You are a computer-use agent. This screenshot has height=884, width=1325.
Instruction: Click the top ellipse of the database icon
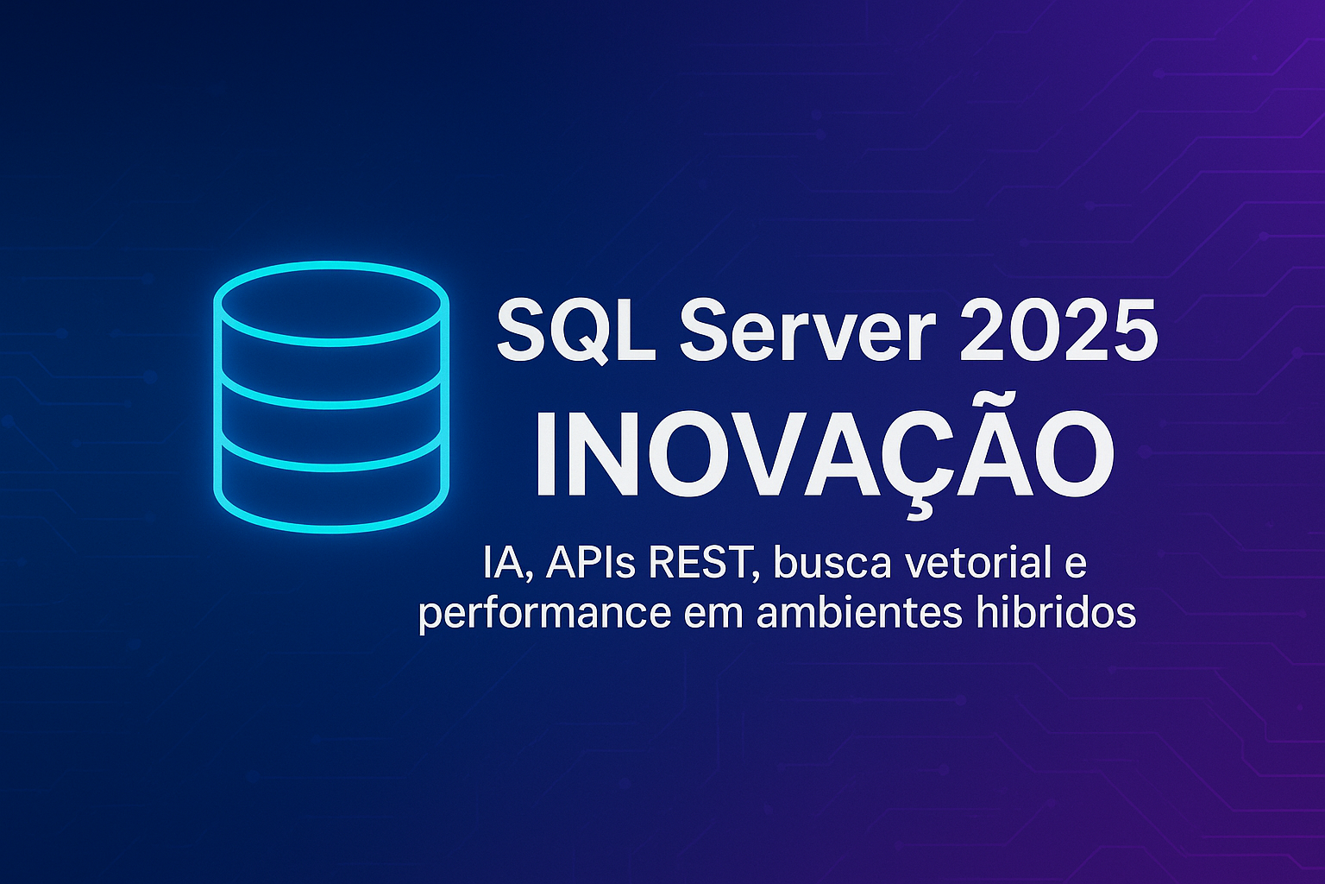click(x=331, y=264)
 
